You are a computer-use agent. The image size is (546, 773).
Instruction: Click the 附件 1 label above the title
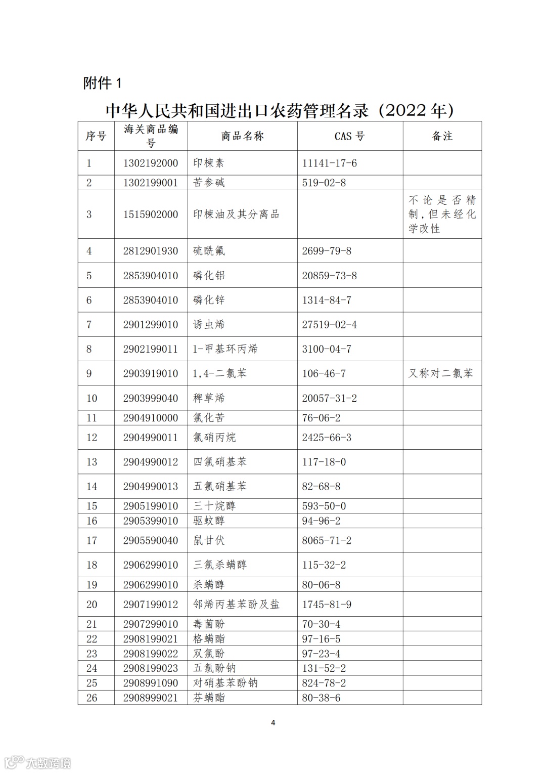(x=102, y=83)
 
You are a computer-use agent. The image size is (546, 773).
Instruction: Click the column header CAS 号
(x=349, y=136)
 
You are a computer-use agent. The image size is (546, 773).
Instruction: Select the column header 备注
(x=442, y=136)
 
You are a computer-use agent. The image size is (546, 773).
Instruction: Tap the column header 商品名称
(x=242, y=136)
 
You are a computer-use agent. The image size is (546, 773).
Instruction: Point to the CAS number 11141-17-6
(x=329, y=163)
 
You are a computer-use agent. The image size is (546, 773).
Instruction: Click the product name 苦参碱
(x=209, y=183)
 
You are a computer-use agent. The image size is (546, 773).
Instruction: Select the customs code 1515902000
(x=151, y=214)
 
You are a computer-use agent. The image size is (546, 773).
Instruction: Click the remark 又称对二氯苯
(x=441, y=373)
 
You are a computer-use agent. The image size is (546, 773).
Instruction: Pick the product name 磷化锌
(x=209, y=300)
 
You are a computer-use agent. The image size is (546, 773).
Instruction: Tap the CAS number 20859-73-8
(x=329, y=276)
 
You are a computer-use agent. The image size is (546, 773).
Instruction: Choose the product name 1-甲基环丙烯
(x=225, y=349)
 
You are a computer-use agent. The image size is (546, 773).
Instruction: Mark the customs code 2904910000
(x=151, y=418)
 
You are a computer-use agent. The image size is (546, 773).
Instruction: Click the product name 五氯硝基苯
(x=220, y=487)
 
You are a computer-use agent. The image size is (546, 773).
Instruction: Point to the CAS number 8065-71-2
(x=327, y=540)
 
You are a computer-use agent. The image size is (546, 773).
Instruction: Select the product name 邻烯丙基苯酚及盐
(x=236, y=605)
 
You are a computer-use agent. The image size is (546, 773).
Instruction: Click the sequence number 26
(x=92, y=698)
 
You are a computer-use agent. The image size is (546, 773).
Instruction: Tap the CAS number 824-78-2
(x=324, y=683)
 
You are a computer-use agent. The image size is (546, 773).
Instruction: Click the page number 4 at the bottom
(x=273, y=722)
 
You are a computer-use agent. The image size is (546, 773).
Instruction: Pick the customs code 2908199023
(x=151, y=668)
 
